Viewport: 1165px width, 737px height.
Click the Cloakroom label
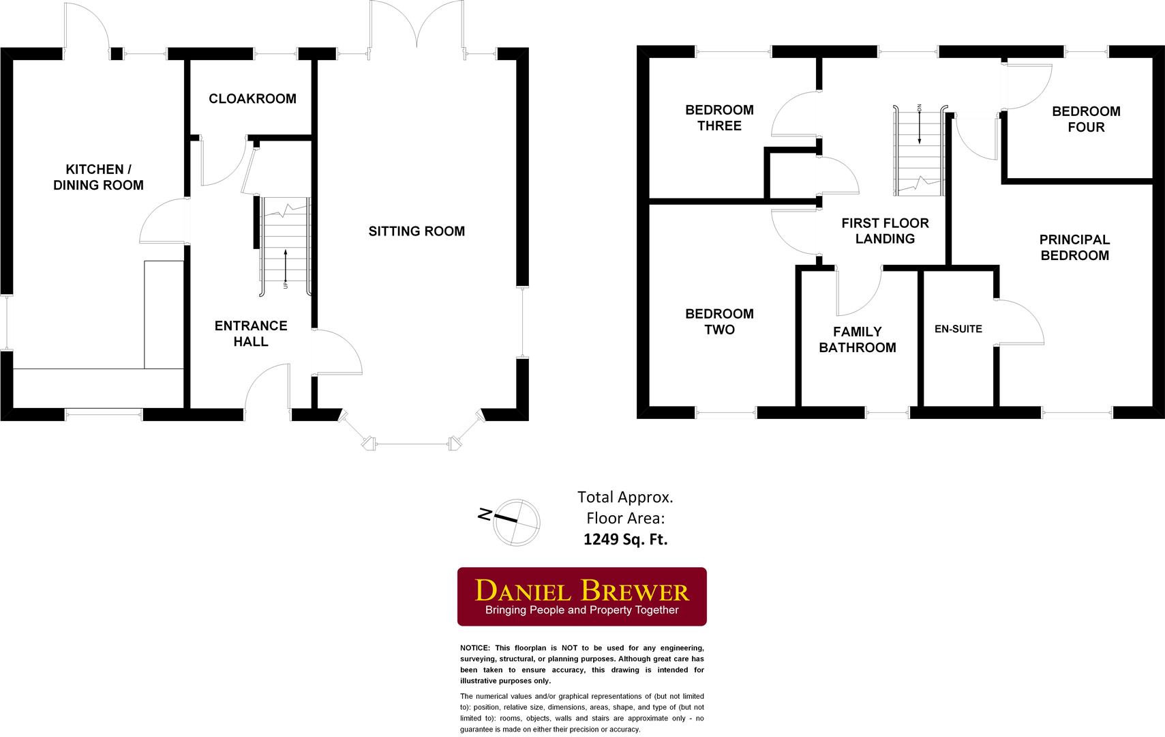252,98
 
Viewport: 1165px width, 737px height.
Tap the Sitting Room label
417,231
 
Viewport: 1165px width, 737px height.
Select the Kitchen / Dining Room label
98,177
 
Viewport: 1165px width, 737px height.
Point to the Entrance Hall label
251,333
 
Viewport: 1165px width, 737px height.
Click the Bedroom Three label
719,117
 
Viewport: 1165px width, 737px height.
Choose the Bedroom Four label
1086,119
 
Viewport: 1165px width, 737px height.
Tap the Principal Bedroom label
1074,247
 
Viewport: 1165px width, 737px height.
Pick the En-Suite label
958,329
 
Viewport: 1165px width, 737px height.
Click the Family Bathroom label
857,339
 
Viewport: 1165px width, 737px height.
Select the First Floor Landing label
885,231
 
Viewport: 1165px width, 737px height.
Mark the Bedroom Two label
719,321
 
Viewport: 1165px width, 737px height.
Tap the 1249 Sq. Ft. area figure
625,539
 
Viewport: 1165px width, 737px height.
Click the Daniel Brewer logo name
581,590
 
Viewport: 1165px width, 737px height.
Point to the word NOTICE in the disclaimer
475,648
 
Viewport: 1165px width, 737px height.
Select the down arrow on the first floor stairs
920,126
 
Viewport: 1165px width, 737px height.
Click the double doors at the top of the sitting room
417,26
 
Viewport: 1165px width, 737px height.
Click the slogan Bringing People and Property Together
581,610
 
